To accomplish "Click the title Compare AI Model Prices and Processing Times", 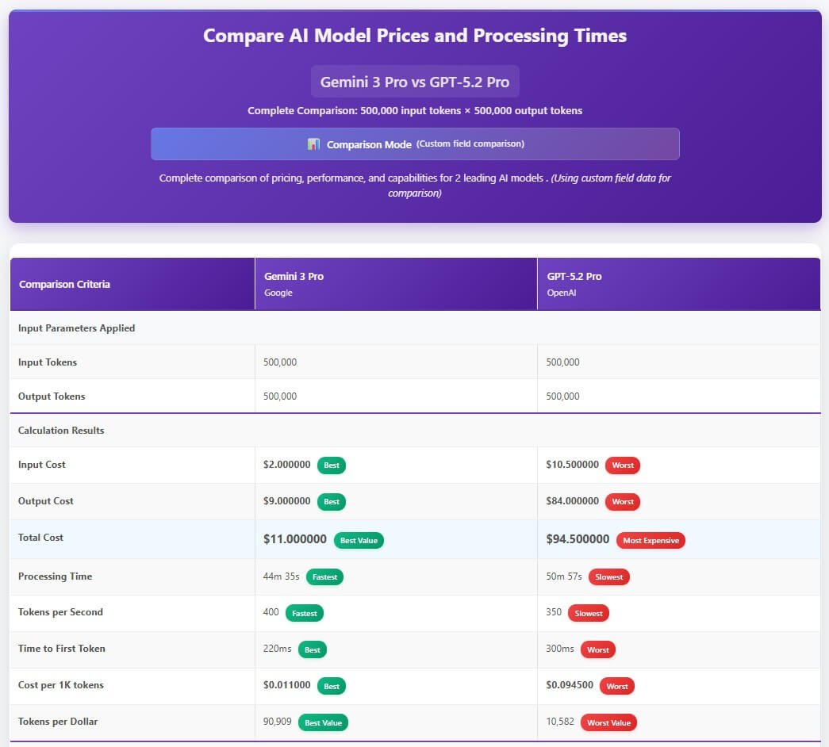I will point(414,36).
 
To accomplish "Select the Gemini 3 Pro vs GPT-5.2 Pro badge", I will point(414,82).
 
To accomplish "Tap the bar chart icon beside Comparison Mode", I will point(313,144).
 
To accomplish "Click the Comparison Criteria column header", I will point(64,284).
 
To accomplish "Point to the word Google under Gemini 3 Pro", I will point(278,293).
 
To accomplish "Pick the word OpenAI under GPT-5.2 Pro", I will point(561,293).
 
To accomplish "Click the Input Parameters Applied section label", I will point(76,328).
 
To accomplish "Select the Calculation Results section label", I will point(61,431).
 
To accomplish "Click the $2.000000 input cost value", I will point(286,465).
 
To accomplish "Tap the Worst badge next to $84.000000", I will point(623,502).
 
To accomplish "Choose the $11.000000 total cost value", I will point(294,539).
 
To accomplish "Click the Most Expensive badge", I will point(651,541).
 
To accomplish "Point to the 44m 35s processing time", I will point(281,577).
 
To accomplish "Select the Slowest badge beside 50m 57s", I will point(608,577).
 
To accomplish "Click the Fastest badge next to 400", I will point(304,613).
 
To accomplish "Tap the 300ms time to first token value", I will point(559,649).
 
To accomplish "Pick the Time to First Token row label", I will point(62,649).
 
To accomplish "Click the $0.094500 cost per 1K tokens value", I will point(569,685).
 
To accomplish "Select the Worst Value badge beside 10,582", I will point(608,722).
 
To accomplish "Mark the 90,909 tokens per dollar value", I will point(277,722).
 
